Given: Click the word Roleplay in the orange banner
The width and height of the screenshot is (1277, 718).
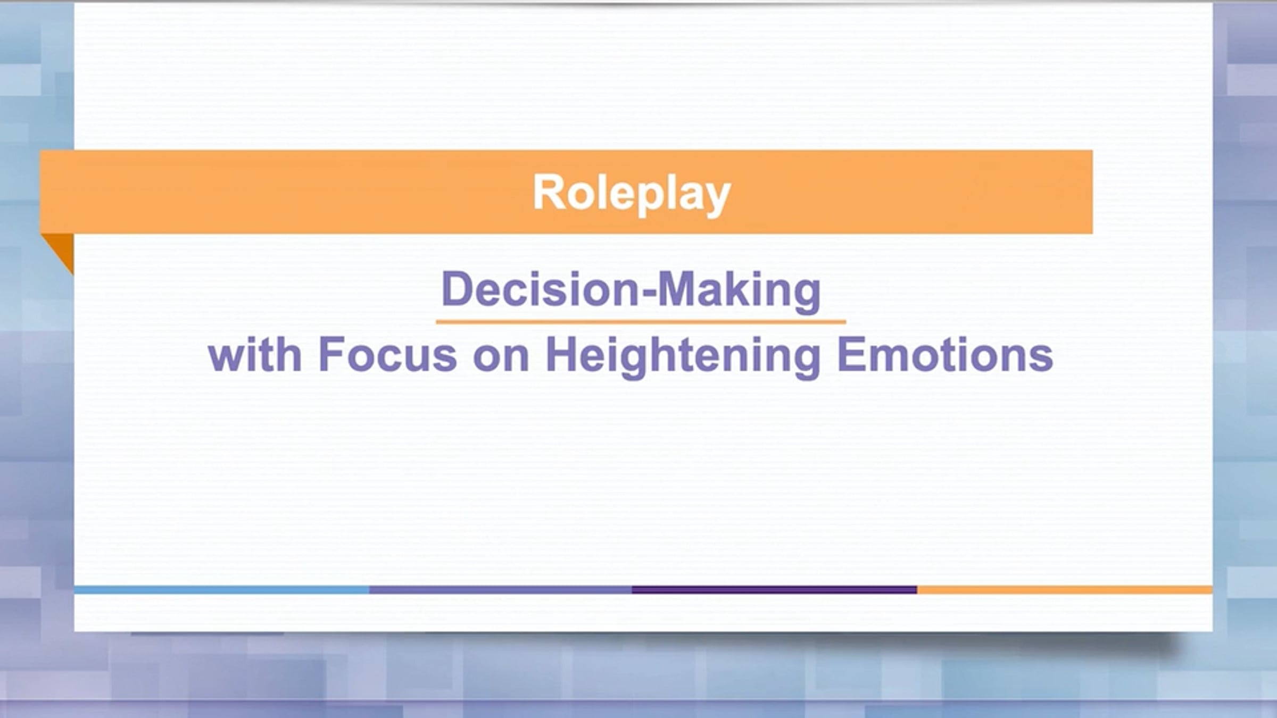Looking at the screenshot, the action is click(x=632, y=194).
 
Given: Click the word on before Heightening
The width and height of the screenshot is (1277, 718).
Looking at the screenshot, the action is click(x=501, y=360).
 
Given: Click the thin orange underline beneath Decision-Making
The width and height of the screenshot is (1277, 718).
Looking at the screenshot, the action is click(x=641, y=322).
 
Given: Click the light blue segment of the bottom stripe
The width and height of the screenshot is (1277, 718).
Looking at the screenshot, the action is click(x=221, y=590).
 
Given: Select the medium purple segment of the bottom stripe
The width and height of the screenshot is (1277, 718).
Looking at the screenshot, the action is click(x=501, y=590).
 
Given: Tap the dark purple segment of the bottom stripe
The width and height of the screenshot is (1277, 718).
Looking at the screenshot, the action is click(x=774, y=590).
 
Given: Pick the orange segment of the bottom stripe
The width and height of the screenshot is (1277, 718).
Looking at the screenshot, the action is click(x=1065, y=590).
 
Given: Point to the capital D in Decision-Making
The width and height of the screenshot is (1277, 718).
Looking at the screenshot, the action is click(x=458, y=289).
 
